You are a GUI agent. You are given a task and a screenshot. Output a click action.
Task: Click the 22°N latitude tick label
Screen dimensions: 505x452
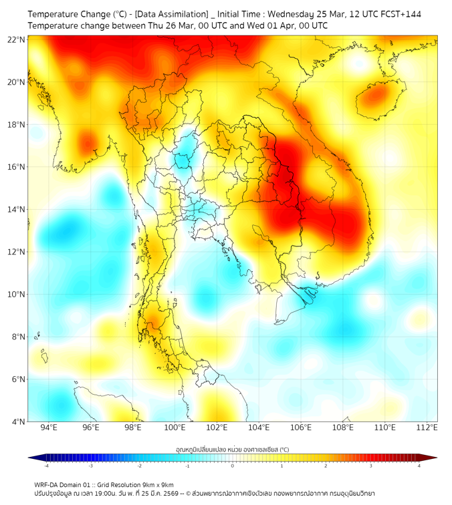(x=17, y=39)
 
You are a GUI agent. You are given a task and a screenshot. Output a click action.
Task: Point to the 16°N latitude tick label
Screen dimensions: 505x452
(x=17, y=167)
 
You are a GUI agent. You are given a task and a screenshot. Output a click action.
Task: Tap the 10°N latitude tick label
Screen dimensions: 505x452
(x=17, y=295)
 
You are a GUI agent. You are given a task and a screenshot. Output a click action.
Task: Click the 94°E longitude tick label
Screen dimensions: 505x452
(x=49, y=428)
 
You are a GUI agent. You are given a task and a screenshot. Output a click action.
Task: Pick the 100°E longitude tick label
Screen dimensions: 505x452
(x=175, y=428)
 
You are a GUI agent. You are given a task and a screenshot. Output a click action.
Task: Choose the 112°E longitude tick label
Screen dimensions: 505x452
(x=427, y=428)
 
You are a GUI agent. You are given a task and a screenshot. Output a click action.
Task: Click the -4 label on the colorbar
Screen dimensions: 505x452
(x=46, y=466)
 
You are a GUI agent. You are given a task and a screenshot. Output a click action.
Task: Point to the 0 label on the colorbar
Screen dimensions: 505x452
(x=233, y=466)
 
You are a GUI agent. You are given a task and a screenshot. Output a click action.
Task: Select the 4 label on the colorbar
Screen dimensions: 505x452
(x=419, y=466)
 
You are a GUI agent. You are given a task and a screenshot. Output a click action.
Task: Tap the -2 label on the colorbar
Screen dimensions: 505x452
(x=139, y=466)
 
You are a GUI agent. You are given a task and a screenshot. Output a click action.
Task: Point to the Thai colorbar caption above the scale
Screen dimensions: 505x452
(x=232, y=450)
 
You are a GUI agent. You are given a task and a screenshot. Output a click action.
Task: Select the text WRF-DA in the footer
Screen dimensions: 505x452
(x=47, y=484)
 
